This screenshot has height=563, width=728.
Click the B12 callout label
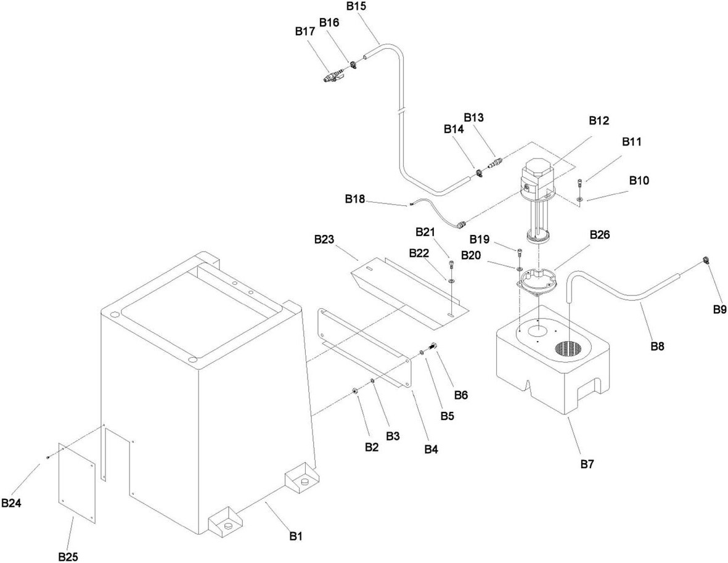point(599,121)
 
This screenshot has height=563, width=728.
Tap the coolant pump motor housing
point(537,179)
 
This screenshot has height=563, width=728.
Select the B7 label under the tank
point(587,464)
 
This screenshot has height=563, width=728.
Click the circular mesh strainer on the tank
point(569,349)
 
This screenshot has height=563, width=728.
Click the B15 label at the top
point(356,6)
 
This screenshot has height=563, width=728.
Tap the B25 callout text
point(68,556)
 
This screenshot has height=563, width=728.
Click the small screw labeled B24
point(48,458)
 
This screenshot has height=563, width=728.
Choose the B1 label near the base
point(297,536)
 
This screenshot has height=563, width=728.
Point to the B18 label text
point(354,199)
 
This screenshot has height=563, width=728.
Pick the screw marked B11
point(579,183)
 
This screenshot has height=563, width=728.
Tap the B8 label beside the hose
point(658,345)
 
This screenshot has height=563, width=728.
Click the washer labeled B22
point(451,280)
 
